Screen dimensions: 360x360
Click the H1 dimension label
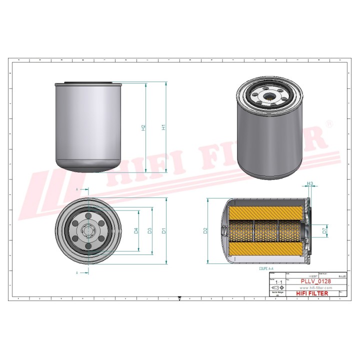pyautogui.click(x=163, y=127)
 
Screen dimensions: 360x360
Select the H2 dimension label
pyautogui.click(x=143, y=127)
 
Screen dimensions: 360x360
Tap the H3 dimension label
pyautogui.click(x=310, y=184)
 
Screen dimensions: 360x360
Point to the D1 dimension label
pyautogui.click(x=163, y=231)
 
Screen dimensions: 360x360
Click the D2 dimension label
pyautogui.click(x=205, y=231)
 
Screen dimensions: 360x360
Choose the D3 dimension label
pyautogui.click(x=149, y=231)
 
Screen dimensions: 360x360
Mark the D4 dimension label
pyautogui.click(x=135, y=231)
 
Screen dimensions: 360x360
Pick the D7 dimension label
pyautogui.click(x=324, y=231)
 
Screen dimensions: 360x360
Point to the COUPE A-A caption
pyautogui.click(x=266, y=268)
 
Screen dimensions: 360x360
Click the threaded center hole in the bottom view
pyautogui.click(x=88, y=231)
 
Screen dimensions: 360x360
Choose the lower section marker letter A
pyautogui.click(x=77, y=272)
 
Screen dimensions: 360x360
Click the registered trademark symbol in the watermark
pyautogui.click(x=329, y=123)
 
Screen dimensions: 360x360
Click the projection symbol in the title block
pyautogui.click(x=276, y=288)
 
